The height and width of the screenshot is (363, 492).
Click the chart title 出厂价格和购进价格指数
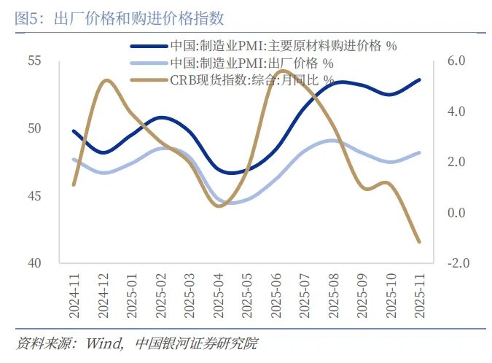click(139, 18)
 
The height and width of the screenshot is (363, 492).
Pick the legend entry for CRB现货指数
click(252, 79)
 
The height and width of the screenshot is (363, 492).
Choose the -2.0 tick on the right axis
click(454, 263)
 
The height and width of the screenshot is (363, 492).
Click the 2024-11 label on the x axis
click(74, 296)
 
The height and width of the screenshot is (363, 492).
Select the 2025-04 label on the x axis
click(218, 296)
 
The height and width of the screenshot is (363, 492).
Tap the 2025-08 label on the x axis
click(332, 296)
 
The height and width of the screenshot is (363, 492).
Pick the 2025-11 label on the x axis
click(419, 296)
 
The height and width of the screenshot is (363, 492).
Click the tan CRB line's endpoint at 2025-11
click(419, 241)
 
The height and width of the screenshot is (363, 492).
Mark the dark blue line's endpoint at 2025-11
click(419, 79)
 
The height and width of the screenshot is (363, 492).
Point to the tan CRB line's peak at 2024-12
click(104, 80)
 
